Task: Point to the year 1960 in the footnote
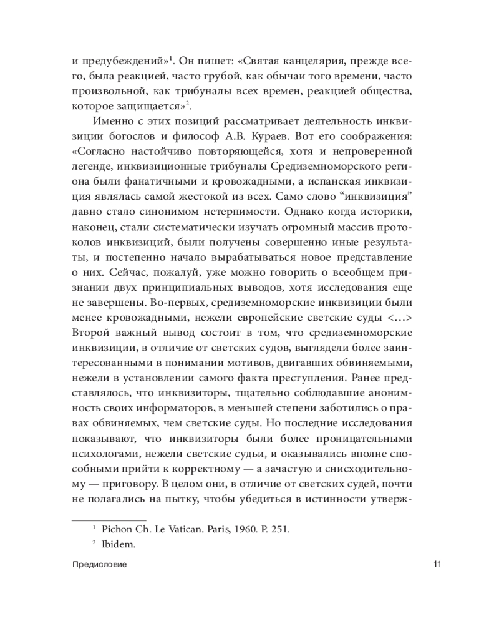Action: click(x=237, y=529)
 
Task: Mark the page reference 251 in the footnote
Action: click(x=283, y=529)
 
